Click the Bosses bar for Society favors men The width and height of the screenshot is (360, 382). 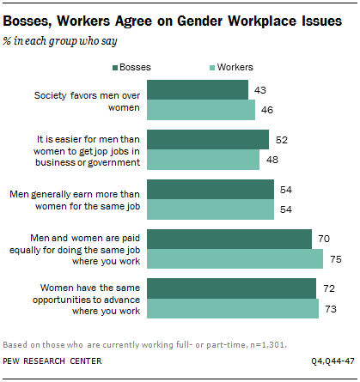point(198,89)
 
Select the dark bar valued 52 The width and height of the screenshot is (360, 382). point(209,139)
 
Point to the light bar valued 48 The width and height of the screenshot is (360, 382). point(204,160)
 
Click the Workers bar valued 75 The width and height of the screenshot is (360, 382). point(235,259)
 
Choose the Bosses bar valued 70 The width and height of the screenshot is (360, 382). point(230,239)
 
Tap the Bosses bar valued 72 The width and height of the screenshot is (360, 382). point(232,288)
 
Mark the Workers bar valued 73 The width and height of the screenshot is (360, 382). point(233,308)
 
